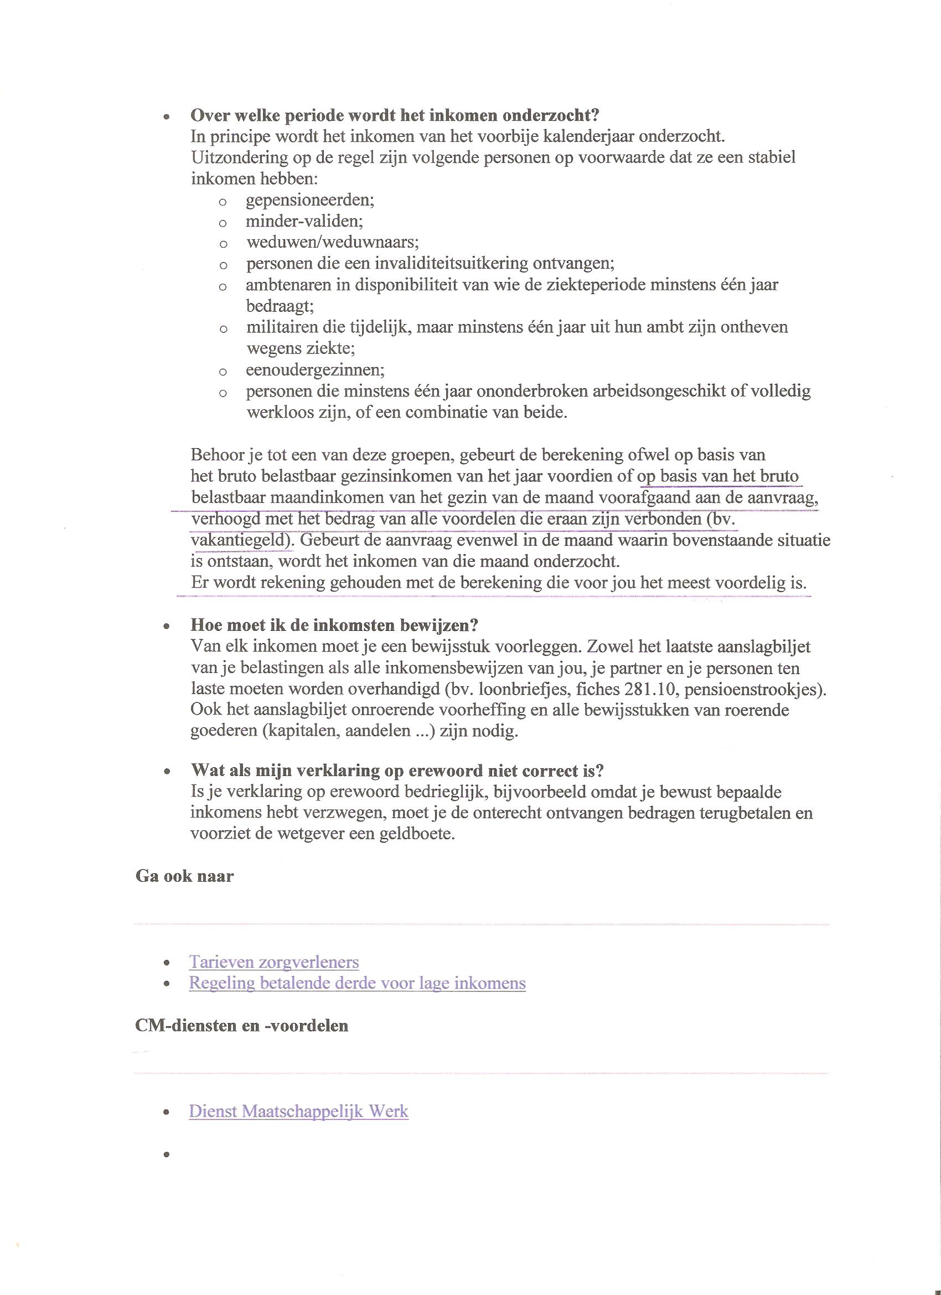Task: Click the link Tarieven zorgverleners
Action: (x=274, y=962)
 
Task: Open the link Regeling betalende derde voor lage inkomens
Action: (x=357, y=983)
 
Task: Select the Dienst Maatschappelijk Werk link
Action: (x=298, y=1111)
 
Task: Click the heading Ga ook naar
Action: (x=184, y=876)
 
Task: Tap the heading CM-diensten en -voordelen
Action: (x=241, y=1025)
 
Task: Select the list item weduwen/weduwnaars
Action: (x=333, y=242)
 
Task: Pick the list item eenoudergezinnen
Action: (x=315, y=370)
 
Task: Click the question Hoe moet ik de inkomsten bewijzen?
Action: (x=334, y=625)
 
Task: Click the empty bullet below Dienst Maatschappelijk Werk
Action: (x=167, y=1154)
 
